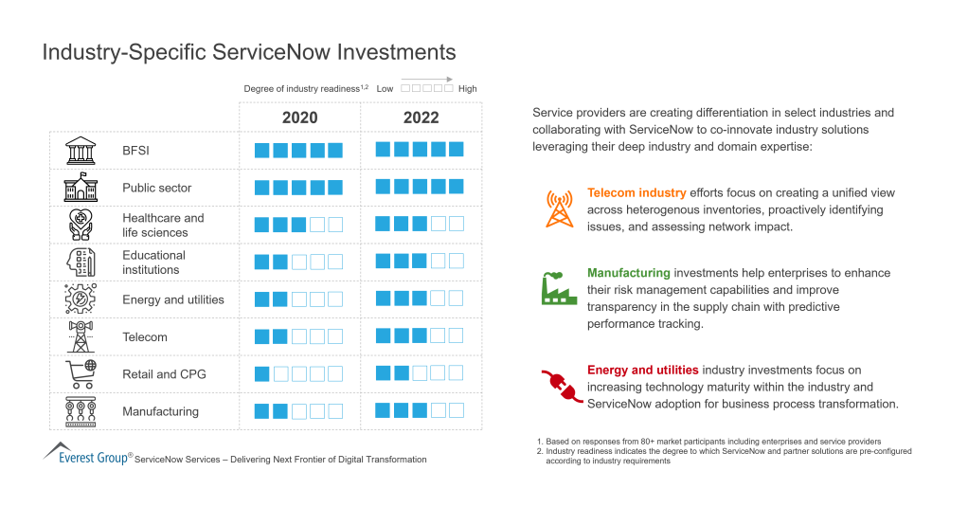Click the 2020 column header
(299, 118)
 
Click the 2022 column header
(421, 118)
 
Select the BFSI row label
(135, 151)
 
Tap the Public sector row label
(156, 188)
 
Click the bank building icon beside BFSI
(81, 151)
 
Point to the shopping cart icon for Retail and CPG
(81, 374)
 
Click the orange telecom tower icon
(559, 208)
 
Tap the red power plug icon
(561, 386)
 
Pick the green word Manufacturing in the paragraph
(628, 273)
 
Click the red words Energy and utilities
(642, 370)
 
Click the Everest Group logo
(85, 454)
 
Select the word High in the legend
(468, 88)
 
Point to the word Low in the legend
(385, 88)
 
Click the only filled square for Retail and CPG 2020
(262, 374)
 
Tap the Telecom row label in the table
(144, 337)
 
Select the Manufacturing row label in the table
(160, 411)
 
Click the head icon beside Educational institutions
(81, 263)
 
